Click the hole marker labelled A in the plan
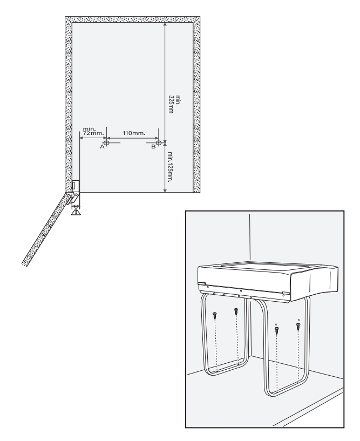106,143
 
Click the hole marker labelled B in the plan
159,143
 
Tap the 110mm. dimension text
134,133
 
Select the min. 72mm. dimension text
93,131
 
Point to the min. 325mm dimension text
174,104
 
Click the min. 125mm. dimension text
170,167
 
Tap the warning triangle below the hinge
76,212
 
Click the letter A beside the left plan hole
103,146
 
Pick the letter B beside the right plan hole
153,146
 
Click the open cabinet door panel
45,229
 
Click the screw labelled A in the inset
277,331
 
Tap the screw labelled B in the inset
298,327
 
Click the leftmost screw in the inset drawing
215,316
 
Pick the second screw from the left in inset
236,312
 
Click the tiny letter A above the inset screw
276,324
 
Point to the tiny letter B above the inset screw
298,320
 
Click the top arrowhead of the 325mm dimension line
165,25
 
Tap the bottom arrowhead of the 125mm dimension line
165,190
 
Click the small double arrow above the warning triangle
76,206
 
